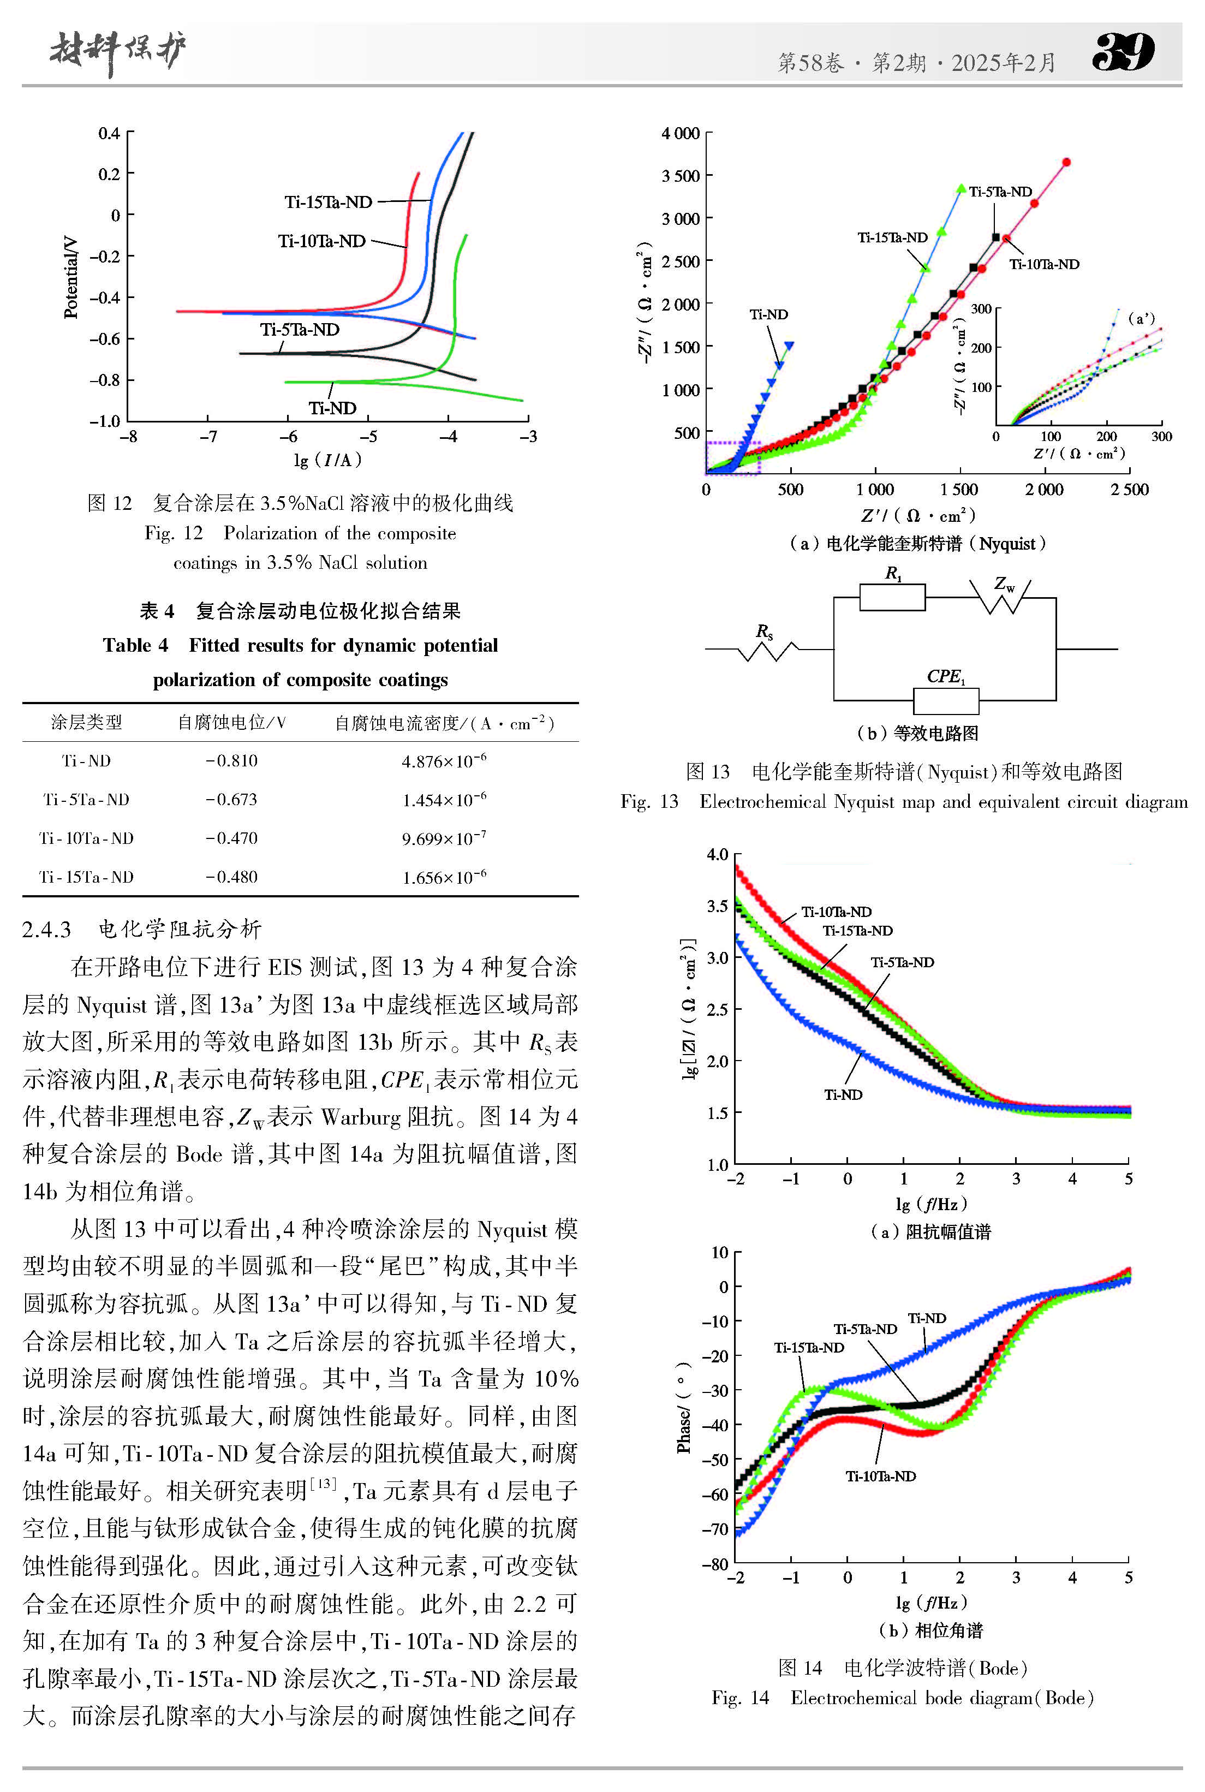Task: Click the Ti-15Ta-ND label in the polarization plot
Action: tap(328, 202)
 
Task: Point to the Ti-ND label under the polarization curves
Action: tap(332, 408)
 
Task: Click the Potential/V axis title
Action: tap(71, 277)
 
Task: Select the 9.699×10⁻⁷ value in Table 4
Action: tap(444, 838)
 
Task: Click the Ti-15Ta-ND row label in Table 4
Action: tap(87, 877)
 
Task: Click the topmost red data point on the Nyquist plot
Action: tap(1066, 162)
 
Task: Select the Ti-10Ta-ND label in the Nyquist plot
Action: tap(1043, 264)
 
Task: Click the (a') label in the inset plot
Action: tap(1141, 318)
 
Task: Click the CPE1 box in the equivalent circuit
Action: tap(945, 701)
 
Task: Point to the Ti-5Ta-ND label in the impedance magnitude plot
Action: tap(902, 962)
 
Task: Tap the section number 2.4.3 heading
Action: tap(46, 929)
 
